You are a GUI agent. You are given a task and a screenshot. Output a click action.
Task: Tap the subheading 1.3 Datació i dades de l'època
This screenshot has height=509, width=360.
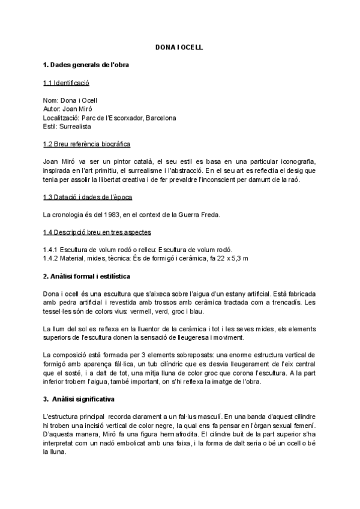point(88,197)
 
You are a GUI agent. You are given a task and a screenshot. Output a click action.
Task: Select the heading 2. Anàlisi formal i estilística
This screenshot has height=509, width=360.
point(91,276)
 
